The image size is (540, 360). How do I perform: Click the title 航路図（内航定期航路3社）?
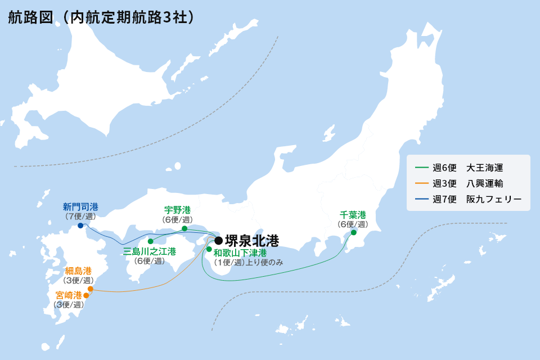click(102, 17)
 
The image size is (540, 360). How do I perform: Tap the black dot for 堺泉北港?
click(219, 241)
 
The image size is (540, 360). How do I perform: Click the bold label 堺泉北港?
click(251, 241)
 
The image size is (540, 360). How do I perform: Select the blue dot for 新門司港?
click(80, 226)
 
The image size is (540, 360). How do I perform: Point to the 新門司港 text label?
click(80, 206)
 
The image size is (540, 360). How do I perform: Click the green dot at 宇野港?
click(184, 228)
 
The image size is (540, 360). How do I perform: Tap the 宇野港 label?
click(178, 210)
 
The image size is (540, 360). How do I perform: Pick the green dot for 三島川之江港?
click(150, 241)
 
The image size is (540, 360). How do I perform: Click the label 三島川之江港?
click(150, 251)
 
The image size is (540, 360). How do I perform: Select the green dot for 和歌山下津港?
click(209, 249)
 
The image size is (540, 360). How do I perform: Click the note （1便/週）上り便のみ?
click(247, 263)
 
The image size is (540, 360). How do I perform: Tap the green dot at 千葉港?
click(354, 232)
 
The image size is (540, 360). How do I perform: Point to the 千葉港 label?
click(353, 215)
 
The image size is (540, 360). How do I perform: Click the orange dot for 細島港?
click(91, 289)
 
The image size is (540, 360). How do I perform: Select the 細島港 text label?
click(78, 271)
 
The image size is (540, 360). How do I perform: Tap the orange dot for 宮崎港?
click(86, 295)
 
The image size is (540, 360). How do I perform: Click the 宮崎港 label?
click(69, 295)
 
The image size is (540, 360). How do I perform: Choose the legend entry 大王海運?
click(484, 168)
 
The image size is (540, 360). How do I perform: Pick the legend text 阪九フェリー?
click(494, 199)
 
